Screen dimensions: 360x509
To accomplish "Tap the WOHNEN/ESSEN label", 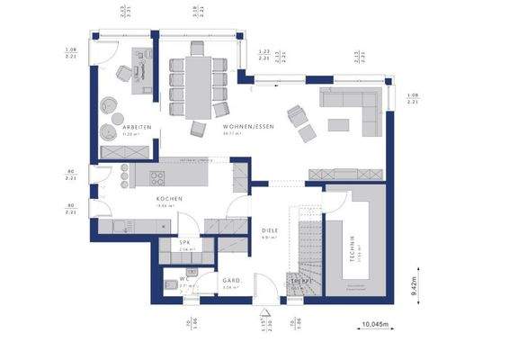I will coord(248,128).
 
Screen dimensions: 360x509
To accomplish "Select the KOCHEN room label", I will coord(169,199).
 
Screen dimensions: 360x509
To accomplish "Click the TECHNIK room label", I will coord(354,244).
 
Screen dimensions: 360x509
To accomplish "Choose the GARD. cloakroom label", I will coord(231,281).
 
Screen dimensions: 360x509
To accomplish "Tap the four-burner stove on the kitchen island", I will coord(157,176).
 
